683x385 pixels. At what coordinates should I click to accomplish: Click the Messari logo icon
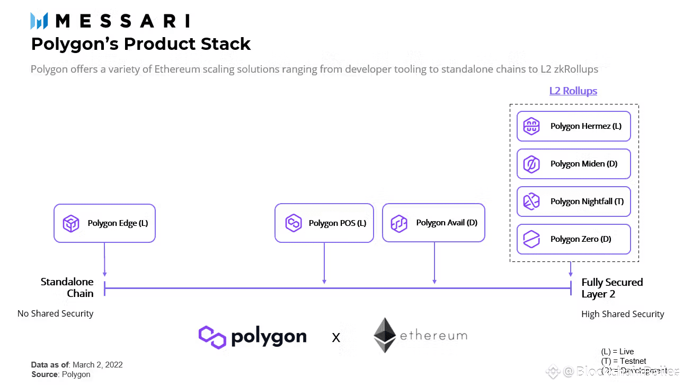(x=39, y=21)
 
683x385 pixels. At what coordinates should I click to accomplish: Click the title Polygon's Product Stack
(x=140, y=43)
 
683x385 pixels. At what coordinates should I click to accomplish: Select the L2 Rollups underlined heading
(x=573, y=91)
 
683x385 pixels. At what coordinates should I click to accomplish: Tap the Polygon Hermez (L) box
(x=573, y=126)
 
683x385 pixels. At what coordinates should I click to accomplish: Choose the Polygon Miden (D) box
(x=573, y=164)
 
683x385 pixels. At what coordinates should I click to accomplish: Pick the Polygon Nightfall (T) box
(x=573, y=202)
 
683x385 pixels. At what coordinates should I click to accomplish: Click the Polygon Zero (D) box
(x=573, y=239)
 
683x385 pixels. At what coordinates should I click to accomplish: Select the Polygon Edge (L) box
(x=104, y=223)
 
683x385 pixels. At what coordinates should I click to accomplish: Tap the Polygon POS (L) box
(x=324, y=223)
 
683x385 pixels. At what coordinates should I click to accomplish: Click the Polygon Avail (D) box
(x=433, y=223)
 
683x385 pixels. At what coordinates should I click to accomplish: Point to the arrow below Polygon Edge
(x=104, y=259)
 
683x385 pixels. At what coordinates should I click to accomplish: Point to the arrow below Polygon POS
(x=324, y=263)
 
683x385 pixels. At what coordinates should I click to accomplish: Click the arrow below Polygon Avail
(x=434, y=263)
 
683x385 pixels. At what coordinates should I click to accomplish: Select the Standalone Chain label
(x=67, y=287)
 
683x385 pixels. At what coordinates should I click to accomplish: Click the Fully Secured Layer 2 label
(x=611, y=288)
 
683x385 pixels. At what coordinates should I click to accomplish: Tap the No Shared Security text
(x=55, y=313)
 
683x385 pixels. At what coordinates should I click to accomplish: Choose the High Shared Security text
(x=622, y=314)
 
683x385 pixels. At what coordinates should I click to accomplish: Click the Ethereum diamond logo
(x=385, y=335)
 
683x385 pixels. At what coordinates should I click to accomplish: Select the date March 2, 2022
(x=97, y=365)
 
